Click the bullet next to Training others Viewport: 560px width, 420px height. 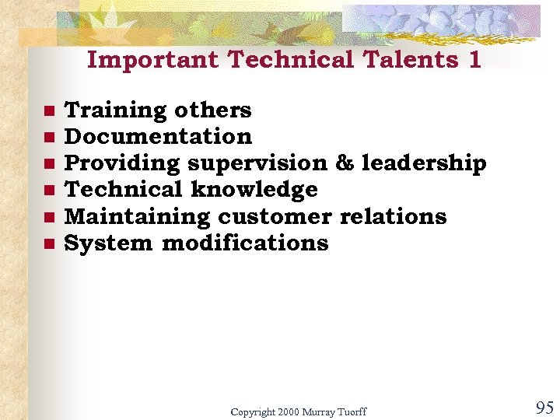[x=48, y=110]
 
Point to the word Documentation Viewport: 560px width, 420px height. [x=158, y=137]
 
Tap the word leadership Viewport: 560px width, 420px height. [x=424, y=163]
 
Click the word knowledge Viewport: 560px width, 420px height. [x=254, y=190]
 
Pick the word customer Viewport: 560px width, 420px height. [x=275, y=216]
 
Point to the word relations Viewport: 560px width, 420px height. [x=393, y=216]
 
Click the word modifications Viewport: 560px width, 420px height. [x=245, y=243]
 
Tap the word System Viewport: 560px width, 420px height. [x=108, y=243]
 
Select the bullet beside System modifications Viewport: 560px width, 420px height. [x=48, y=243]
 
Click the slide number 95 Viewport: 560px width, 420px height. [x=544, y=407]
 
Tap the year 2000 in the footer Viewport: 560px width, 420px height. [x=288, y=411]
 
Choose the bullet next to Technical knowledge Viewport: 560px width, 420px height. [x=48, y=191]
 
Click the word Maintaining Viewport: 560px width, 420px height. [x=137, y=216]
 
